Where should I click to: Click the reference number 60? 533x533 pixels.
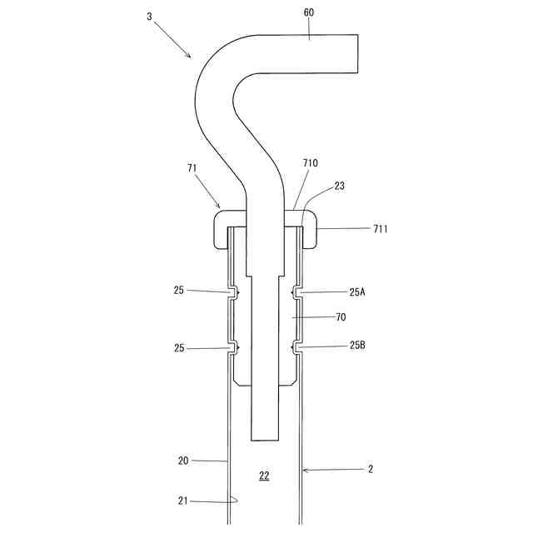click(x=309, y=13)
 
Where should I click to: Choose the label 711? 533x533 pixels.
click(x=380, y=228)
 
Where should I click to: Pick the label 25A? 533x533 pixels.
click(x=358, y=292)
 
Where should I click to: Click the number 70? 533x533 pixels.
click(x=340, y=317)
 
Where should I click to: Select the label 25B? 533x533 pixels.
click(x=358, y=346)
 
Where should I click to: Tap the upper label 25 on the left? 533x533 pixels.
click(x=179, y=291)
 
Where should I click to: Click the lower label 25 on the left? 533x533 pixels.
click(x=179, y=348)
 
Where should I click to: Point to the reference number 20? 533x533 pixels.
click(x=184, y=460)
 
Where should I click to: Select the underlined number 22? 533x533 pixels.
click(x=264, y=476)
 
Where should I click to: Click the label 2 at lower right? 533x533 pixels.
click(x=371, y=470)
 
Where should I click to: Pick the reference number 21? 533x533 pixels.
click(x=184, y=501)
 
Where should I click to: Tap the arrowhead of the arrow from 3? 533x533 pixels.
click(x=191, y=57)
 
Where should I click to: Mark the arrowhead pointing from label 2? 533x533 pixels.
click(x=304, y=471)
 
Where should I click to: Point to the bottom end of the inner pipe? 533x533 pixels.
click(x=264, y=439)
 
